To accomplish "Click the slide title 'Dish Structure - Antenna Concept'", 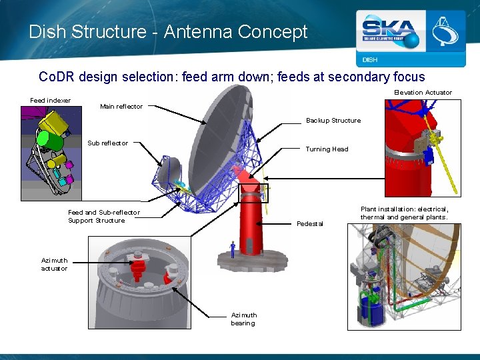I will pos(168,31).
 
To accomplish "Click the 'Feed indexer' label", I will pos(51,101).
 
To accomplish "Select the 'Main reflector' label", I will pos(121,107).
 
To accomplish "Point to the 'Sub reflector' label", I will pos(108,143).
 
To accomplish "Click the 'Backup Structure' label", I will pos(333,121).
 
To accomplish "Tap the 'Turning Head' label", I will pos(327,149).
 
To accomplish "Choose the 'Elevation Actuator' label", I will pos(423,93).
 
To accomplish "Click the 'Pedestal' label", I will pos(310,224).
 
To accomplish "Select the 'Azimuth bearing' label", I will pos(243,319).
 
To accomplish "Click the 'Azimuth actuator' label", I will pos(54,264).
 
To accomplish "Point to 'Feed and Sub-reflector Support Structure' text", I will pos(104,217).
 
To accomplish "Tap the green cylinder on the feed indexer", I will pos(47,139).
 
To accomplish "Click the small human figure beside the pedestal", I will pos(232,250).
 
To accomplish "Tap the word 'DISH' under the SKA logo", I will pos(370,60).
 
